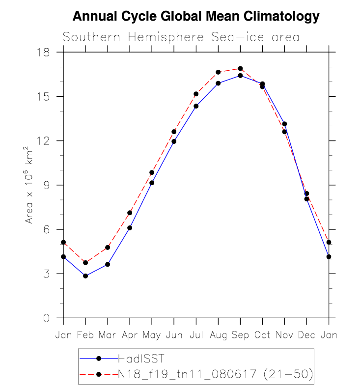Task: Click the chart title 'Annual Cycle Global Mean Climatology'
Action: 196,17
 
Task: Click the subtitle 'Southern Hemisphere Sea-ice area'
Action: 181,37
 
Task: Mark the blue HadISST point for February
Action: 85,276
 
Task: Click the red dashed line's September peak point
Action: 240,68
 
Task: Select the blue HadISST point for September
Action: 240,76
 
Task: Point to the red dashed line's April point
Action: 130,213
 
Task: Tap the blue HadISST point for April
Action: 130,228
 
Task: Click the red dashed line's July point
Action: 196,94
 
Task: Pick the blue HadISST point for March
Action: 108,264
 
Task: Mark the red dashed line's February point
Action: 85,263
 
